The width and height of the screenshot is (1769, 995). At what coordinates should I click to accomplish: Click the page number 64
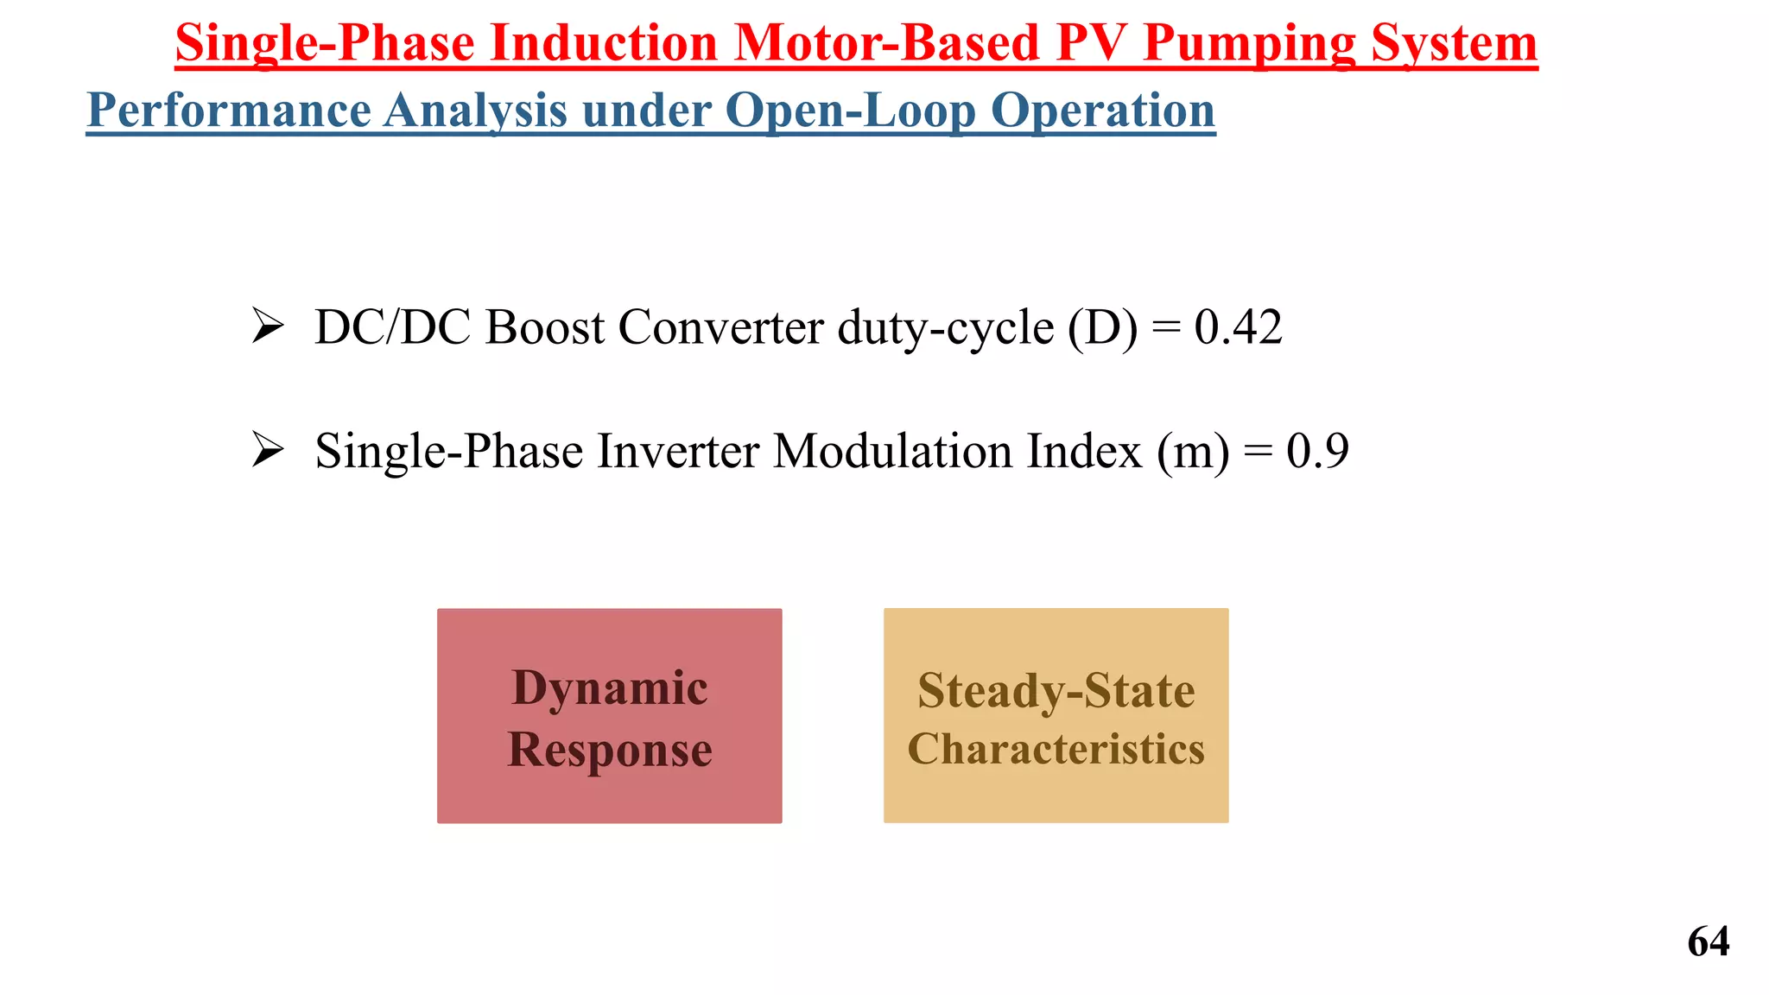coord(1708,941)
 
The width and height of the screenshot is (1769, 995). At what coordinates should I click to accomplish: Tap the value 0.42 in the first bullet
coord(1238,327)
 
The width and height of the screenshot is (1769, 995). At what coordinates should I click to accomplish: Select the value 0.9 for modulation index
coord(1317,451)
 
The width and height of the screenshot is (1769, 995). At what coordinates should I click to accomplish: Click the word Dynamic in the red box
coord(610,688)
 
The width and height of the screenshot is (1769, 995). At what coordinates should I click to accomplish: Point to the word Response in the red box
coord(610,749)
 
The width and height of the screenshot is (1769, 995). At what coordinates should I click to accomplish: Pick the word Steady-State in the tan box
coord(1056,691)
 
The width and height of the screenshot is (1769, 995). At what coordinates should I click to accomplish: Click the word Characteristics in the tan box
coord(1056,748)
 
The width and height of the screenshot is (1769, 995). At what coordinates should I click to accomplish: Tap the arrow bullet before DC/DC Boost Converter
coord(268,327)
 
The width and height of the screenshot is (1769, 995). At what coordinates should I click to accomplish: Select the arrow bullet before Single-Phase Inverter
coord(268,451)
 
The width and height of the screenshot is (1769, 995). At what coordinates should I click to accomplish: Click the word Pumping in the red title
coord(1249,43)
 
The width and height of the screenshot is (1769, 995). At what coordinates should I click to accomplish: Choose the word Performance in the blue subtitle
coord(229,111)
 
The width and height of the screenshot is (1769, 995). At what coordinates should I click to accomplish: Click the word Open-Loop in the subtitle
coord(850,111)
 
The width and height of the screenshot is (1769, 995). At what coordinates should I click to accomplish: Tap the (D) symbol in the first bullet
coord(1102,327)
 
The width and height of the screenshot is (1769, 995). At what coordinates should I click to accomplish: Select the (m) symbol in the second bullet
coord(1193,451)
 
